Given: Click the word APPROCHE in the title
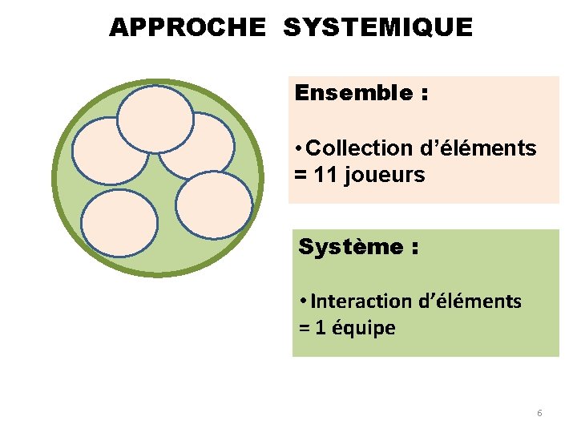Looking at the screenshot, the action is pyautogui.click(x=187, y=28).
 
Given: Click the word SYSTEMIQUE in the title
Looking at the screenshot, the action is pyautogui.click(x=377, y=28).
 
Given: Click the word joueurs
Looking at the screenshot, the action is pyautogui.click(x=387, y=175).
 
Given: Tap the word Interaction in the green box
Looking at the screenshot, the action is pyautogui.click(x=362, y=301).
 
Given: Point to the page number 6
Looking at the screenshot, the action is pyautogui.click(x=539, y=413).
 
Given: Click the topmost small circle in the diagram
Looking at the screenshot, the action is pyautogui.click(x=155, y=119).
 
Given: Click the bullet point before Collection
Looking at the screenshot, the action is pyautogui.click(x=298, y=149).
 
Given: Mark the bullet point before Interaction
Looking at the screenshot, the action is pyautogui.click(x=300, y=302).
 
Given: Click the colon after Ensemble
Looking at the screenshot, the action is pyautogui.click(x=422, y=95).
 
